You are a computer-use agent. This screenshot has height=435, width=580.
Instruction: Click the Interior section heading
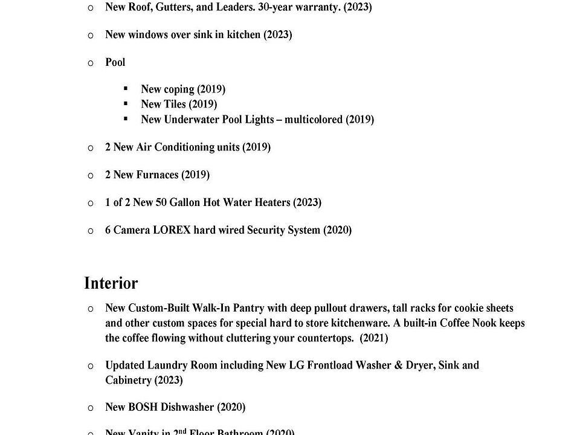[111, 283]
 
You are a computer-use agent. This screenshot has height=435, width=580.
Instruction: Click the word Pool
[115, 62]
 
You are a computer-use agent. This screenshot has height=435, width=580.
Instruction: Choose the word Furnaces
[158, 175]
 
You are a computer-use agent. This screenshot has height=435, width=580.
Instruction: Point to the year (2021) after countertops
[373, 338]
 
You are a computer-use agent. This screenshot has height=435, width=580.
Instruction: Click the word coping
[179, 89]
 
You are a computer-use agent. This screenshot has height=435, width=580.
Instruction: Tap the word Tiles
[175, 105]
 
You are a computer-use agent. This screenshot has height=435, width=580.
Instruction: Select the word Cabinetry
[128, 381]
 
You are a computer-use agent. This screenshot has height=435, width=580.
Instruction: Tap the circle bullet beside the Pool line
[91, 63]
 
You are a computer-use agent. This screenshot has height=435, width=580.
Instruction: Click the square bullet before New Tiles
[126, 104]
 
